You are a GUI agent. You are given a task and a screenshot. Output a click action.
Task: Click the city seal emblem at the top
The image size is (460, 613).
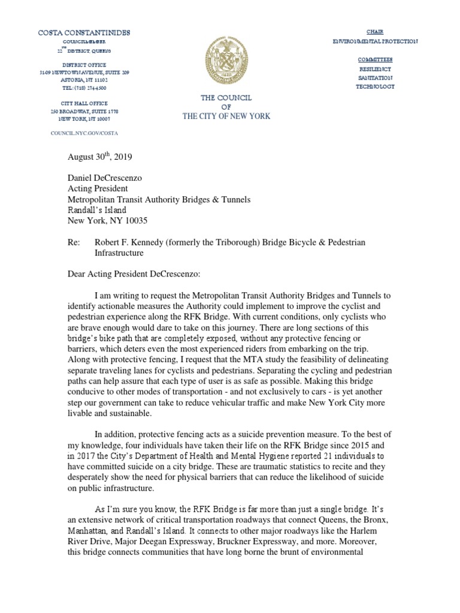(x=226, y=61)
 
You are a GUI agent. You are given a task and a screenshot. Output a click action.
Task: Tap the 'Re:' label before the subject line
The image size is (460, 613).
(x=72, y=241)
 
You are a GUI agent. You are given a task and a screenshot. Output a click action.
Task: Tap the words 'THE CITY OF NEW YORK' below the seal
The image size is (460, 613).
(x=226, y=116)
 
